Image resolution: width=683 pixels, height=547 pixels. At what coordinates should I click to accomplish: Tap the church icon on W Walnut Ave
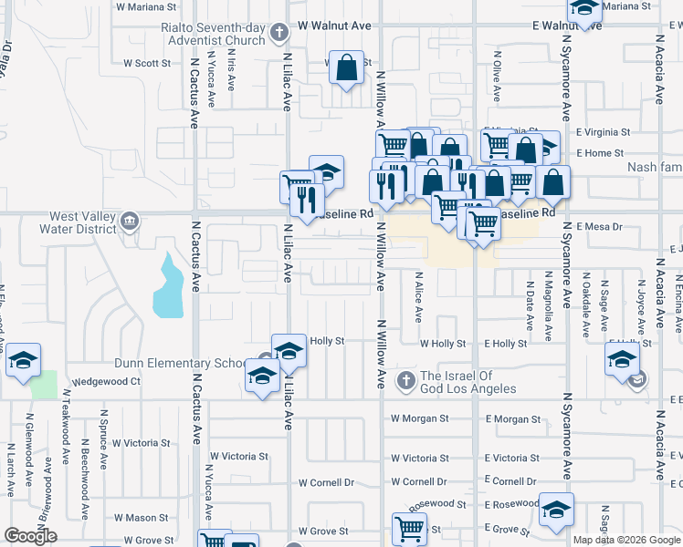click(280, 35)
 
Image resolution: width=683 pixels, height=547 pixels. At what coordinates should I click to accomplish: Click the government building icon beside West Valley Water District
click(130, 221)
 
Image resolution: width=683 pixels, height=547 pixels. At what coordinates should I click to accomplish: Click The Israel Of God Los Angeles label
click(468, 383)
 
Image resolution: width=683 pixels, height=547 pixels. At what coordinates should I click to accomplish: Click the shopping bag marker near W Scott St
click(346, 67)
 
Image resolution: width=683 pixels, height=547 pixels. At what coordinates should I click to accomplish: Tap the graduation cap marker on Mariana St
click(584, 9)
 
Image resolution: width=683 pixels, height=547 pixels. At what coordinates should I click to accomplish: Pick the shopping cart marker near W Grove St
click(409, 528)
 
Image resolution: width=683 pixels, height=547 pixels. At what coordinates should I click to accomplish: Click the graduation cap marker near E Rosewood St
click(555, 511)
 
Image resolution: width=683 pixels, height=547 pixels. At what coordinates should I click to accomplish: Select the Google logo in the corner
click(30, 537)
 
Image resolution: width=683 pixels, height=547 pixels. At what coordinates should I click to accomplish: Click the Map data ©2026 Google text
click(626, 540)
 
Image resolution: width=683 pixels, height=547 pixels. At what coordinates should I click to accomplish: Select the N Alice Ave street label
click(418, 296)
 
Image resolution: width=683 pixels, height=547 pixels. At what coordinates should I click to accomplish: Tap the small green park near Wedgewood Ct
click(42, 384)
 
